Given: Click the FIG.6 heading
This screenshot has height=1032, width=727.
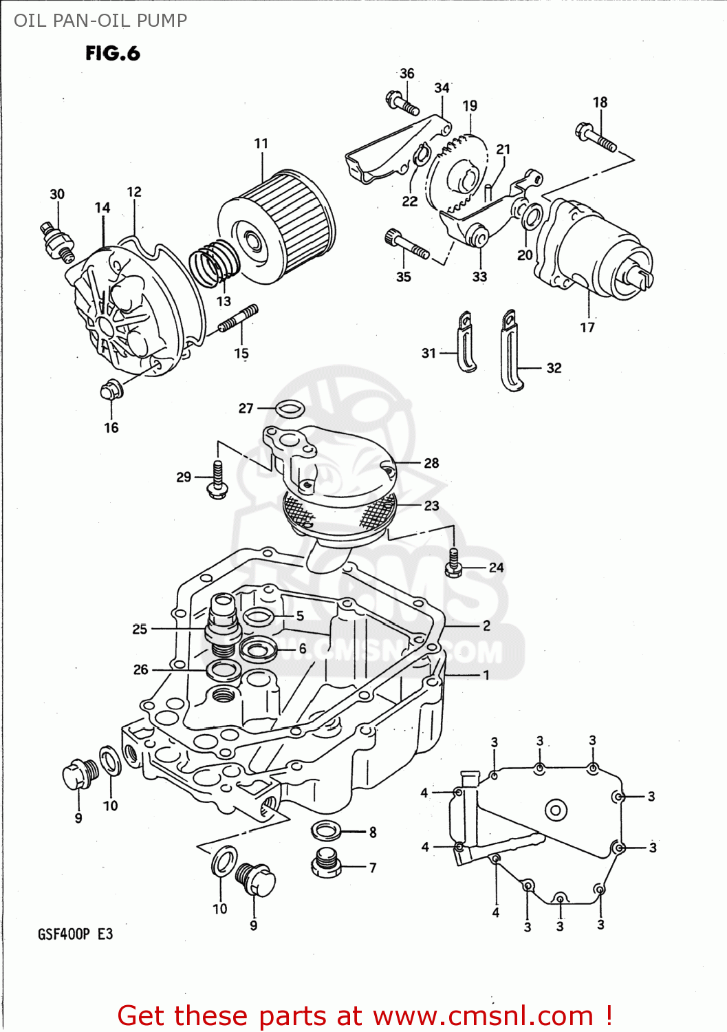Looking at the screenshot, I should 112,53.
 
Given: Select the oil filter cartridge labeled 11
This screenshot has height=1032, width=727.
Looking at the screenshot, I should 279,227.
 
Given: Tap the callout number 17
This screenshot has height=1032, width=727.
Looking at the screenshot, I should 587,327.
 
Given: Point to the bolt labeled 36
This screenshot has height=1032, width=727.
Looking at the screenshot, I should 402,103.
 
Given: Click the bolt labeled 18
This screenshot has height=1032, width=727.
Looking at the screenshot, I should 596,136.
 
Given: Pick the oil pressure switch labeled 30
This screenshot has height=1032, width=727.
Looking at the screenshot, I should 56,241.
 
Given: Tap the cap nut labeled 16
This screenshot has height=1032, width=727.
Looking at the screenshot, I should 111,391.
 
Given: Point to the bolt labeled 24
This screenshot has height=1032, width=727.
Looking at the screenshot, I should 453,562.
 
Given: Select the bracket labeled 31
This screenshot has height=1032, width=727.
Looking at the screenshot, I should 466,342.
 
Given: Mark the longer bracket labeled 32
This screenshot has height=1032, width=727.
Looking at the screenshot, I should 511,351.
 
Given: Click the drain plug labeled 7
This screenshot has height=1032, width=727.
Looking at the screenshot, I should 327,863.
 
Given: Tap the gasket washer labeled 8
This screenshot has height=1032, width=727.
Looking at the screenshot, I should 326,830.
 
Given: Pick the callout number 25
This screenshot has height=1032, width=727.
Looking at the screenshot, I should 140,629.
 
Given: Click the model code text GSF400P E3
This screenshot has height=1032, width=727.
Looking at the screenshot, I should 75,934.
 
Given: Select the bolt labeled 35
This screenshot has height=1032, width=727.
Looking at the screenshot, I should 406,245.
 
